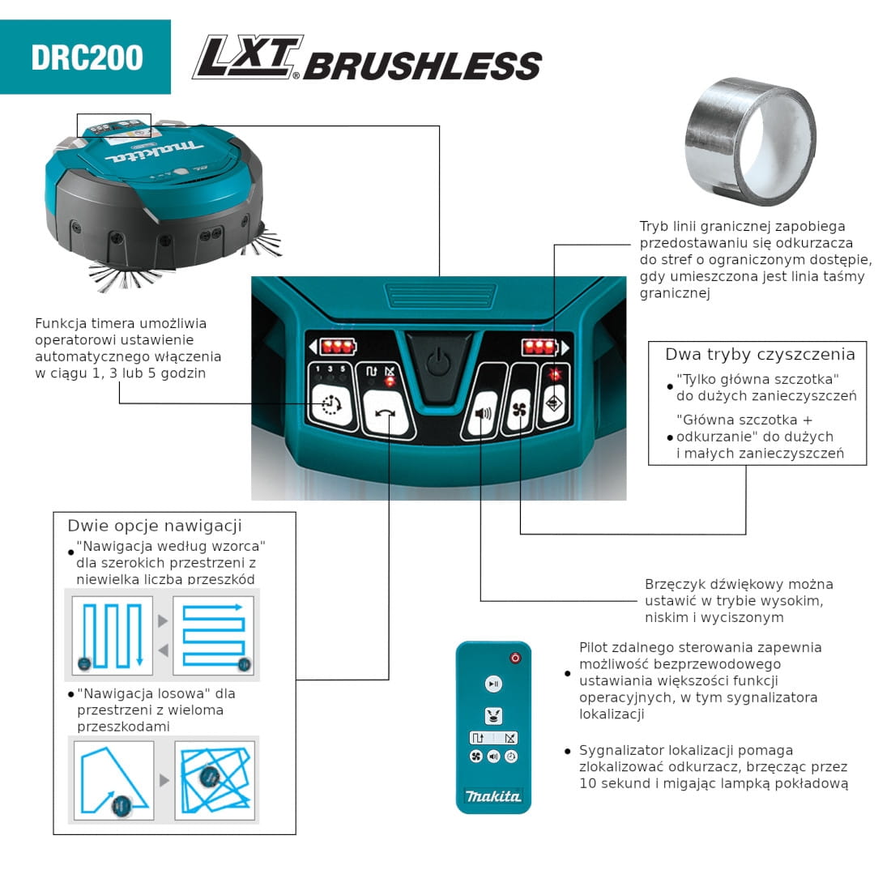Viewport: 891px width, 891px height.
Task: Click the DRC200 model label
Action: click(87, 58)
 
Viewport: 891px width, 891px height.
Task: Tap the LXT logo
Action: click(248, 57)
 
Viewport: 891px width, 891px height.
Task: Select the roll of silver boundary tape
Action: click(751, 141)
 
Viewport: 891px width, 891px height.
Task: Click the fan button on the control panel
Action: click(519, 409)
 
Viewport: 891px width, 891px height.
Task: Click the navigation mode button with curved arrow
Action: click(386, 414)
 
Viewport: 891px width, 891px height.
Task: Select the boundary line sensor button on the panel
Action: click(554, 403)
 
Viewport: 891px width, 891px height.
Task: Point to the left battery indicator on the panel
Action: click(333, 346)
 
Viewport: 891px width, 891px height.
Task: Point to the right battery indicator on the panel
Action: click(545, 346)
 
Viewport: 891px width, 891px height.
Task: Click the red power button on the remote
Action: click(515, 658)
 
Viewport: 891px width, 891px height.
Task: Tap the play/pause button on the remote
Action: click(493, 684)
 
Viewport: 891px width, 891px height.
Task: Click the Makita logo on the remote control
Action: click(493, 796)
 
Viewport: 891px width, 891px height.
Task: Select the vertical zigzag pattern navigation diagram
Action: click(113, 635)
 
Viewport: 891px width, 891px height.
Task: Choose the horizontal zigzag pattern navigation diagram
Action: click(214, 635)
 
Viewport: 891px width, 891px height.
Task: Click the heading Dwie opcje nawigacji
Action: click(155, 526)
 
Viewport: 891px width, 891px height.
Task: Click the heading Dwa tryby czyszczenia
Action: click(760, 355)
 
